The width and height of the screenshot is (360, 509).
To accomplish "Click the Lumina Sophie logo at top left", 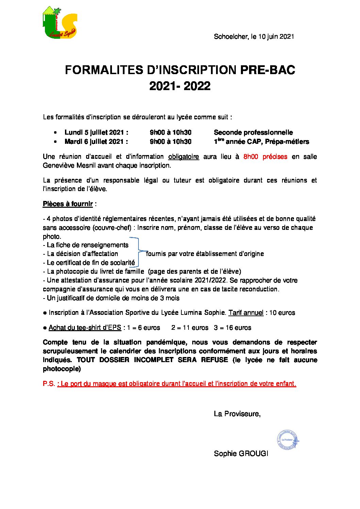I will click(60, 22).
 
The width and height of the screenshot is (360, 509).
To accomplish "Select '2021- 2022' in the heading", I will click(180, 86).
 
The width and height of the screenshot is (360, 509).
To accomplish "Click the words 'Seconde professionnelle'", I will click(253, 133).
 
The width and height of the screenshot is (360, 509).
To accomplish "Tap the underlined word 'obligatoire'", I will click(183, 157).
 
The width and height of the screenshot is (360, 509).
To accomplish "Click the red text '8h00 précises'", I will click(265, 157).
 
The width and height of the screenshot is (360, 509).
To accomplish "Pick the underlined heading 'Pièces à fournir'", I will click(68, 204).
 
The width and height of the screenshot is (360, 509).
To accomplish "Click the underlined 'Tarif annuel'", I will click(246, 313).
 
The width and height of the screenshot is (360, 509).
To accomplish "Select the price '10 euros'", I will click(282, 313).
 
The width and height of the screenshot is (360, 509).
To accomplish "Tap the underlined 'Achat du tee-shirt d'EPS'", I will click(85, 328).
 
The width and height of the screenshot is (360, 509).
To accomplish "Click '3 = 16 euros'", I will click(232, 328).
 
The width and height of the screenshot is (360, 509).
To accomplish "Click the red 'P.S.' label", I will click(49, 384).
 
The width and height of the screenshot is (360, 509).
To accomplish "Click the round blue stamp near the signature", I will click(288, 440).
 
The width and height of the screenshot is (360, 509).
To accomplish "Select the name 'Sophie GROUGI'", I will click(241, 454).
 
